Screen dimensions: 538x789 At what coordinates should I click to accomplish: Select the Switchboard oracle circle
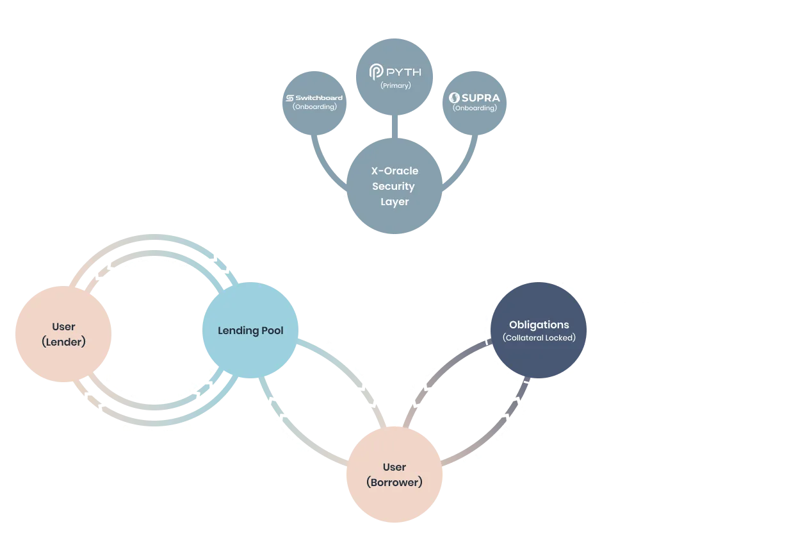click(x=314, y=103)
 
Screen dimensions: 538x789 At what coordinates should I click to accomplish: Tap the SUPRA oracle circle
click(x=475, y=103)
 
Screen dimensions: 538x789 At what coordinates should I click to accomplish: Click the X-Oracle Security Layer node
click(x=394, y=186)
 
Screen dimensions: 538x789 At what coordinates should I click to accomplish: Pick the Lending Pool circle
click(x=250, y=331)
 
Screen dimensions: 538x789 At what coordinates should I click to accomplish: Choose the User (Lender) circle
click(x=63, y=335)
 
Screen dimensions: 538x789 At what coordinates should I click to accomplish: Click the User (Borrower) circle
click(x=394, y=475)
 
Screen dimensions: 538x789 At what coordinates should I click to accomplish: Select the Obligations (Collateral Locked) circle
click(x=539, y=331)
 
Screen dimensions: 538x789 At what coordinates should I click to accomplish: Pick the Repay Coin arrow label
click(x=292, y=438)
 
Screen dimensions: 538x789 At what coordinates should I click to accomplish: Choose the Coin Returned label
click(x=157, y=430)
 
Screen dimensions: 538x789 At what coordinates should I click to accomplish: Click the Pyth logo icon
click(x=376, y=72)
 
